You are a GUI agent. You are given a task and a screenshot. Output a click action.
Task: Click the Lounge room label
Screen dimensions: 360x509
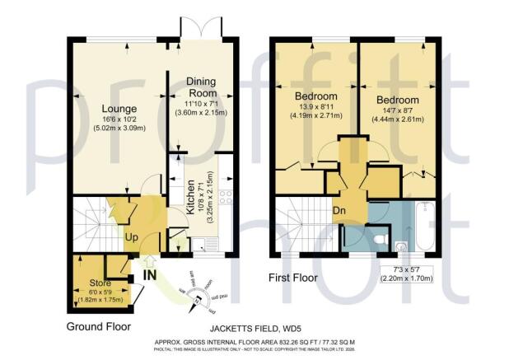(119, 109)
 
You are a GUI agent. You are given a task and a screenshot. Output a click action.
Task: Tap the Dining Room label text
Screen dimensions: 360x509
(200, 87)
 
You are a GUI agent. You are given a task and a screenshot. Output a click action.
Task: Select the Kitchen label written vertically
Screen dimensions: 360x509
(189, 199)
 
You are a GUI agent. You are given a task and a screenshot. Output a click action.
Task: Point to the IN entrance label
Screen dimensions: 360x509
(149, 275)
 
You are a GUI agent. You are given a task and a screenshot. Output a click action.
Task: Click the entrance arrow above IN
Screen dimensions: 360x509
(149, 258)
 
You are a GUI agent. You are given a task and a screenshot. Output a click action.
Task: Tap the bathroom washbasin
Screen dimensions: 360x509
(401, 245)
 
